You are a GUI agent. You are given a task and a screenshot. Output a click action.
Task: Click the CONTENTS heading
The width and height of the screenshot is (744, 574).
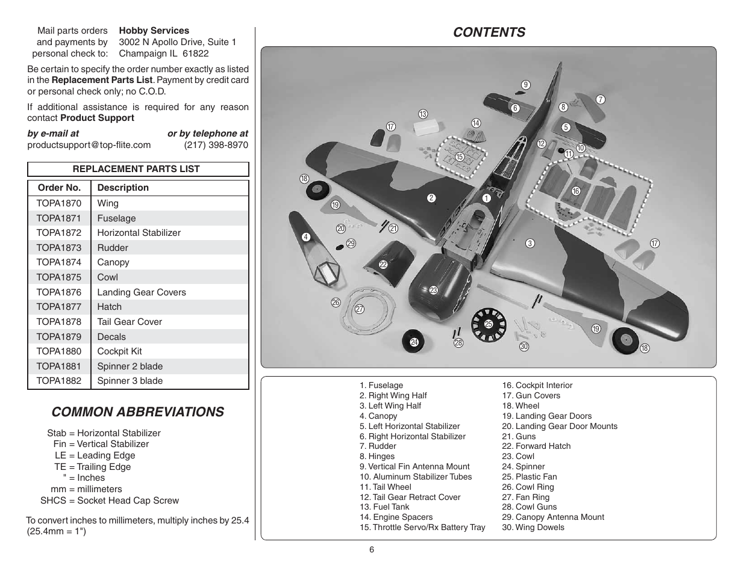(489, 32)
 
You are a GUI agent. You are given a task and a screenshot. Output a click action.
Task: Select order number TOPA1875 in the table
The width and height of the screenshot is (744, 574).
(59, 277)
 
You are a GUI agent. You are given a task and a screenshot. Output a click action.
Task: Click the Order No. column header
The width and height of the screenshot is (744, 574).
(59, 188)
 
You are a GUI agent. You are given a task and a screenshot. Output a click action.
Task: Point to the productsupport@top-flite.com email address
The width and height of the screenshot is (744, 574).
(89, 145)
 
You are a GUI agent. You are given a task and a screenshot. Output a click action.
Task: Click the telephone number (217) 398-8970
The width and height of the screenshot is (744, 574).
(216, 145)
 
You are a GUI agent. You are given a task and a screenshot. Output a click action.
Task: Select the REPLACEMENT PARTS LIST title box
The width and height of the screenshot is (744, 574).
(138, 169)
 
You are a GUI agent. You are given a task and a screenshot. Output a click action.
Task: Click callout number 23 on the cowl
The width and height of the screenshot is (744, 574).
(434, 290)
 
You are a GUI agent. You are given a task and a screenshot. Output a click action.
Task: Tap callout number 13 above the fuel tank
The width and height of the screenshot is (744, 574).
(423, 114)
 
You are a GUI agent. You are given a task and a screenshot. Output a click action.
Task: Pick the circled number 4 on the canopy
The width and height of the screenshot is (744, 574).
(306, 237)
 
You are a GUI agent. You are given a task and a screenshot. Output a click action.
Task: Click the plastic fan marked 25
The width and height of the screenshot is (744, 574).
(489, 325)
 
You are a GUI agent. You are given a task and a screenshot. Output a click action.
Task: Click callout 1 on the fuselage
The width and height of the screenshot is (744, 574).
(486, 198)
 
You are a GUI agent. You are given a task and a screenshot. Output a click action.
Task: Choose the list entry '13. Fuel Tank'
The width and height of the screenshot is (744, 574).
(384, 507)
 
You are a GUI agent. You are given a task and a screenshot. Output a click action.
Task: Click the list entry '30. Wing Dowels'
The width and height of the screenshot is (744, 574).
(533, 527)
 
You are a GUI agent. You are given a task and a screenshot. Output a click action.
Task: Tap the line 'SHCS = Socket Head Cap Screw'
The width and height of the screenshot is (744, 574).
(110, 501)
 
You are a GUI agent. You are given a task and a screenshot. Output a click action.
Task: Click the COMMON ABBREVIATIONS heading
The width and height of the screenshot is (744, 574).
(137, 412)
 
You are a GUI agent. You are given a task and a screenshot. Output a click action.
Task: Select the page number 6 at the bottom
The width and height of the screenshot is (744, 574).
(372, 549)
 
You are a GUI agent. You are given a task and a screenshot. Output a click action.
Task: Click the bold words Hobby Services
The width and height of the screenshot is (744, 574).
(154, 31)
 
